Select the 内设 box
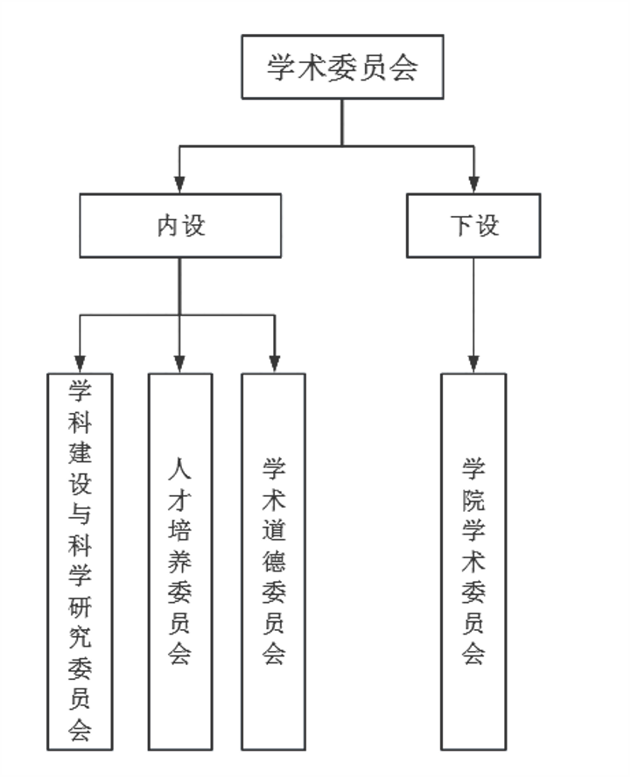pyautogui.click(x=180, y=226)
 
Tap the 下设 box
pyautogui.click(x=473, y=226)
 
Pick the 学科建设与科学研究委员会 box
pyautogui.click(x=81, y=561)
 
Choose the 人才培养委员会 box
pyautogui.click(x=179, y=561)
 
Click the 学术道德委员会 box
pyautogui.click(x=274, y=561)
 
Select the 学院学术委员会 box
pyautogui.click(x=473, y=561)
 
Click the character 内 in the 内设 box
pyautogui.click(x=167, y=226)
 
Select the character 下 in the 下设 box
pyautogui.click(x=461, y=226)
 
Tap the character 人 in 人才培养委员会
pyautogui.click(x=179, y=468)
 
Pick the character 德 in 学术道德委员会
pyautogui.click(x=274, y=560)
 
